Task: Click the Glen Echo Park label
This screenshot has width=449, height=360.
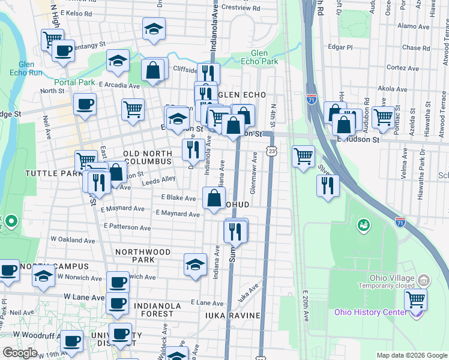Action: (259, 57)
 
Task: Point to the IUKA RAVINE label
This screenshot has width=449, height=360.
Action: (232, 316)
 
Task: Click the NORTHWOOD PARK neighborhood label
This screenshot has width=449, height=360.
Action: (143, 256)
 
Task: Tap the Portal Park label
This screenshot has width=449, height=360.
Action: (74, 82)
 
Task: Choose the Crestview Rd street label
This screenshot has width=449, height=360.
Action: (240, 8)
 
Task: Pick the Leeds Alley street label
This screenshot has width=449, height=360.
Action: (158, 180)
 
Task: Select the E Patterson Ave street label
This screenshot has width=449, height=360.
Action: (127, 227)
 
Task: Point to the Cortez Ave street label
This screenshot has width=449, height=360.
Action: (402, 68)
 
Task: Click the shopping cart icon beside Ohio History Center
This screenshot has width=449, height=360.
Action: (415, 299)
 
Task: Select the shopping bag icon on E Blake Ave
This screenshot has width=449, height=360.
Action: (214, 198)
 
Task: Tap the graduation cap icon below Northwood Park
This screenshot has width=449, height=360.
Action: (196, 265)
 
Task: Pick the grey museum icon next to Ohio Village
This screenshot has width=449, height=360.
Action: (424, 280)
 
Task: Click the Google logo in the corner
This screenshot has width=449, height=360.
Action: (20, 353)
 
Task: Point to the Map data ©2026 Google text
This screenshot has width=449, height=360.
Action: (411, 355)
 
